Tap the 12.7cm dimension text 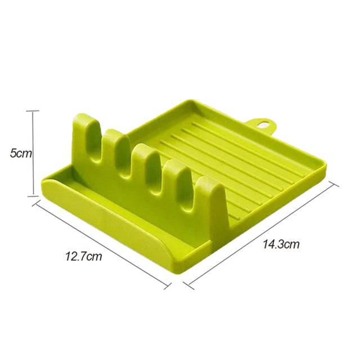(x=83, y=257)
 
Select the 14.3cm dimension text (x=280, y=244)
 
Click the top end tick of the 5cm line (x=34, y=111)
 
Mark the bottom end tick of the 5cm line (x=34, y=195)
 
